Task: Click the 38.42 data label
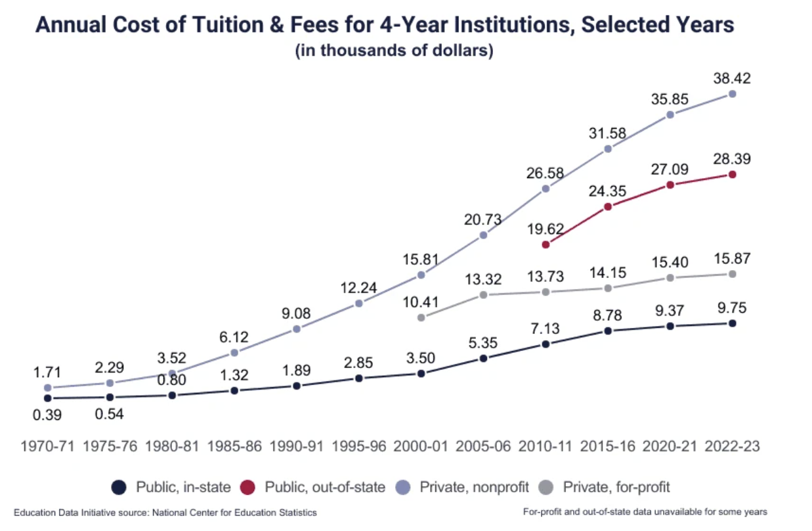(x=732, y=78)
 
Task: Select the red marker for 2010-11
(x=545, y=244)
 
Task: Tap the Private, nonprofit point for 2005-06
(x=483, y=235)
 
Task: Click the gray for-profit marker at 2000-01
(x=421, y=317)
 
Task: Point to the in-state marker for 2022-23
(x=732, y=323)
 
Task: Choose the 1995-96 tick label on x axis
(x=358, y=446)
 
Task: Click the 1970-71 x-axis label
(x=47, y=446)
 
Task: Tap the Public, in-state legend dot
(x=118, y=487)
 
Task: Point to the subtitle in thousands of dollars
(x=394, y=51)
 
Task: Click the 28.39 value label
(x=732, y=159)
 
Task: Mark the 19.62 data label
(x=545, y=229)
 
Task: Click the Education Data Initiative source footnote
(x=165, y=512)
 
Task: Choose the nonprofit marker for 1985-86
(x=234, y=353)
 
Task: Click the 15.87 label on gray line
(x=732, y=258)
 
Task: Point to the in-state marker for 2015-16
(x=608, y=331)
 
